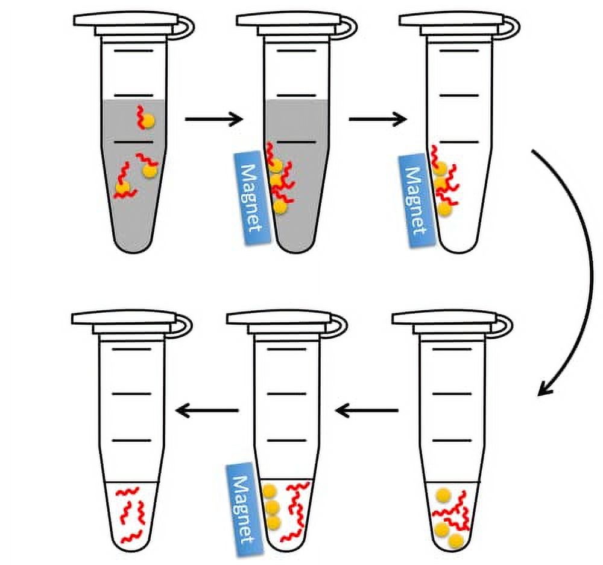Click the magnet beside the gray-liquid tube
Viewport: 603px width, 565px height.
(x=252, y=197)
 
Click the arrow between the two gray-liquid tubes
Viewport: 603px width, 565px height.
(x=214, y=119)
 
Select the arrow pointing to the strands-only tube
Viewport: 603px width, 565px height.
(x=206, y=410)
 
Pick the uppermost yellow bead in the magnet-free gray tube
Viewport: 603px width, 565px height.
(x=147, y=121)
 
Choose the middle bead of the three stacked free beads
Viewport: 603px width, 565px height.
(x=273, y=508)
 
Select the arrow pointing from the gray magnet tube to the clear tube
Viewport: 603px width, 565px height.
(x=377, y=119)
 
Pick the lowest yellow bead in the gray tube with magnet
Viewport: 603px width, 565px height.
(x=280, y=207)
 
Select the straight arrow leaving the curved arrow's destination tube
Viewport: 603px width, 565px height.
(x=367, y=410)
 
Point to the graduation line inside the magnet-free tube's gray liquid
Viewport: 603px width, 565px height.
(x=134, y=142)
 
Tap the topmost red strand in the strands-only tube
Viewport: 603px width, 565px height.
(x=127, y=491)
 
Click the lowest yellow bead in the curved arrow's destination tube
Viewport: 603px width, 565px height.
(x=456, y=541)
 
